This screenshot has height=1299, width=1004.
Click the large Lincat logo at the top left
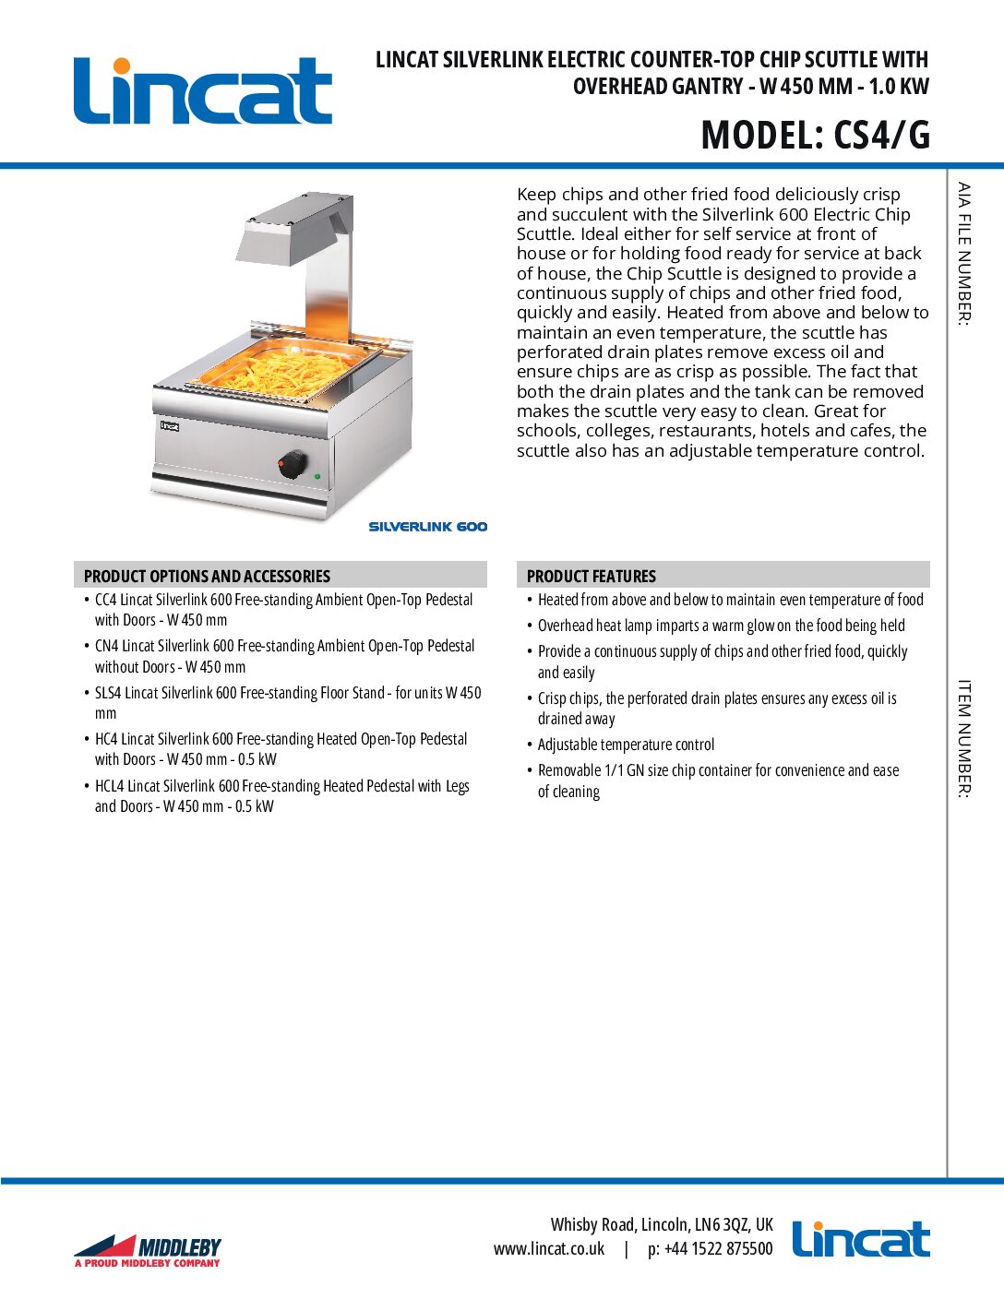203,90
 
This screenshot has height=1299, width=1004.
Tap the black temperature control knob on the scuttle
293,464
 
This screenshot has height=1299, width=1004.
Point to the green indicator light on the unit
317,476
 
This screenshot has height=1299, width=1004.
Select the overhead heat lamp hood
293,226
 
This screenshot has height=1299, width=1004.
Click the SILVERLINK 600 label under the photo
428,527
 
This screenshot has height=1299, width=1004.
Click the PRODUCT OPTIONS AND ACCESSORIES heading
207,576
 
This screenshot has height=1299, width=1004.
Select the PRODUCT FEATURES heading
592,576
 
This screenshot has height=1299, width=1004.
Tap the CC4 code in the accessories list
106,600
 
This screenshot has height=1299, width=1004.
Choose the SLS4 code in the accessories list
109,693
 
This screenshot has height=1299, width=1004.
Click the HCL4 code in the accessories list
110,786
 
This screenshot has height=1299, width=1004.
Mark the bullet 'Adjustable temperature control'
626,745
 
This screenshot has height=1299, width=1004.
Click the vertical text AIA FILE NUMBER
963,254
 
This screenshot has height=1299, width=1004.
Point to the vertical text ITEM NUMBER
963,738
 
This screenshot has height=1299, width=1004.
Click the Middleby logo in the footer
148,1250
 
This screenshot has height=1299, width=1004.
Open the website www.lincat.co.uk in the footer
549,1249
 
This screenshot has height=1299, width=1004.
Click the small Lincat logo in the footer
860,1240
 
